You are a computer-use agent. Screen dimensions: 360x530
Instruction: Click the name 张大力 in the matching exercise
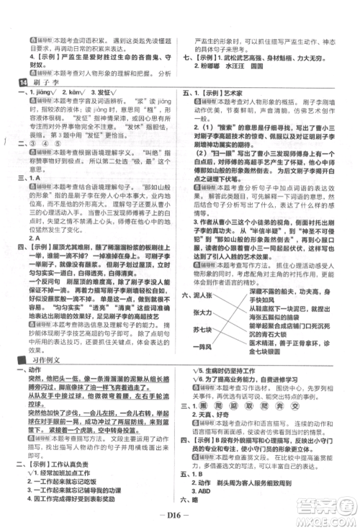coord(203,313)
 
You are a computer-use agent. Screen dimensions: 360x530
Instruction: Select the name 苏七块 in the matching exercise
coord(203,330)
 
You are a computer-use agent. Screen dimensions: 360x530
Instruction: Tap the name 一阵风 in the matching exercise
coord(203,347)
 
